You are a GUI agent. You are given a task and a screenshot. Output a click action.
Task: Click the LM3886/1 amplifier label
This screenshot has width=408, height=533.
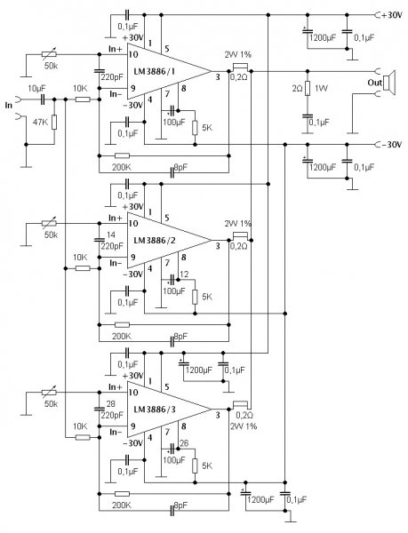coord(155,71)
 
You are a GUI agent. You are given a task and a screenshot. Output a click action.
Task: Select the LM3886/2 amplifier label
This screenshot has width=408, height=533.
coord(155,241)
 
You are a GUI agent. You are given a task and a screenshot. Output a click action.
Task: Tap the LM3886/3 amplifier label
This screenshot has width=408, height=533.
coord(155,410)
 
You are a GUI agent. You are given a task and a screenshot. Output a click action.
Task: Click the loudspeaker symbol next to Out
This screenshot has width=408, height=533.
coord(389,83)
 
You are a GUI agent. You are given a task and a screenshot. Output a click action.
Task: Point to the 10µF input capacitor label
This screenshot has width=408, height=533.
coord(37,88)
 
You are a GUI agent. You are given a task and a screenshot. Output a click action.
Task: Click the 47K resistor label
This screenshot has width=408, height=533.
coord(41,122)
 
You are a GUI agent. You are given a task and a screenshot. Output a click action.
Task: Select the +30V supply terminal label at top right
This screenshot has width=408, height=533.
coord(392,15)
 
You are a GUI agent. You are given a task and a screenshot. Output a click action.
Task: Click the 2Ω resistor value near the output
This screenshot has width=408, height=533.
coord(297,88)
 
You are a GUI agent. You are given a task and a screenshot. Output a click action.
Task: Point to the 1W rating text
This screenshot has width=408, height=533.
coord(321,88)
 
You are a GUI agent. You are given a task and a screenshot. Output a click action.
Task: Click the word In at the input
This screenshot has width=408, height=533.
coord(9,106)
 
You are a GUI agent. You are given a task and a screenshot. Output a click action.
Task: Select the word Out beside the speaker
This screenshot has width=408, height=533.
coord(375,83)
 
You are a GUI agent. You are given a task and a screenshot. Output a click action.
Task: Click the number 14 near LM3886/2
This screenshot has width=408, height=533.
coord(111,235)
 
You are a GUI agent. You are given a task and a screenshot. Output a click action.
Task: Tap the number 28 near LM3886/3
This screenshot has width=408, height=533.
coord(111,403)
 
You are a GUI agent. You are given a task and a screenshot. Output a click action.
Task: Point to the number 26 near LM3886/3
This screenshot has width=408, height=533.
coord(184,443)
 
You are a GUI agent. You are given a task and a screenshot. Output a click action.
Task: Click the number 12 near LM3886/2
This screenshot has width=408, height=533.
coord(184,274)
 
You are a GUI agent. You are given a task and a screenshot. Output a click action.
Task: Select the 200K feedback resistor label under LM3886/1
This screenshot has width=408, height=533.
coord(122,167)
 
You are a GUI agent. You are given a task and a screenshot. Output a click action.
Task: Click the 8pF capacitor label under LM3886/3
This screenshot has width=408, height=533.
coord(180,505)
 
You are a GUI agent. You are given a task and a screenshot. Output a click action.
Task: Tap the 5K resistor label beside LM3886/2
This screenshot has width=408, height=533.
coord(207,297)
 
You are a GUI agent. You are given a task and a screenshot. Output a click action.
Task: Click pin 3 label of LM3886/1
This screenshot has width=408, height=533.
coord(218,77)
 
